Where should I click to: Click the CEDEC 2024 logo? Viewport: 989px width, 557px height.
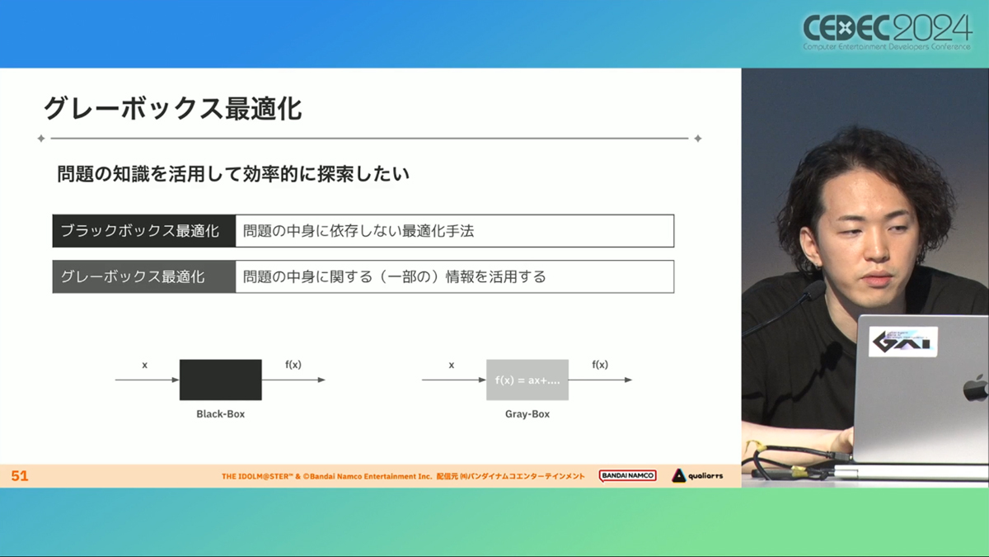coord(888,32)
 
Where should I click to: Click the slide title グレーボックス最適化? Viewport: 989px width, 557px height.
coord(172,108)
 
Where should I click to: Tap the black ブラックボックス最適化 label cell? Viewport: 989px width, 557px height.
coord(144,231)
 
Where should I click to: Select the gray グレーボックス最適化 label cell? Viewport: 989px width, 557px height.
coord(144,276)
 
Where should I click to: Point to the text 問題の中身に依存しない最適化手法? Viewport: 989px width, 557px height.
coord(359,231)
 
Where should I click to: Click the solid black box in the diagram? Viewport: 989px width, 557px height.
coord(220,380)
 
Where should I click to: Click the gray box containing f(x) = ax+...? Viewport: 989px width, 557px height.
coord(527,380)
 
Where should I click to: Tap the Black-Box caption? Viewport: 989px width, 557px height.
coord(220,413)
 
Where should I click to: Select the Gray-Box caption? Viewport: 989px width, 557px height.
coord(527,413)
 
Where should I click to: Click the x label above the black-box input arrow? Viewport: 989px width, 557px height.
coord(144,365)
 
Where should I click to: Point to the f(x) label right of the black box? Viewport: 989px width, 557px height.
coord(293,364)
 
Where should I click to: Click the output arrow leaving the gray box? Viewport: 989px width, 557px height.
coord(601,380)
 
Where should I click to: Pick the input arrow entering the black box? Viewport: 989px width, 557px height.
coord(147,380)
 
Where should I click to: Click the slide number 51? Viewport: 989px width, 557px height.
coord(20,475)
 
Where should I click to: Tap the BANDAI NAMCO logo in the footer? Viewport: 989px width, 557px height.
coord(627,475)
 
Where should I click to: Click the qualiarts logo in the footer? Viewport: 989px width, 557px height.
coord(697,475)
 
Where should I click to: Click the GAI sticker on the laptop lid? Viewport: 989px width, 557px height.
coord(903,342)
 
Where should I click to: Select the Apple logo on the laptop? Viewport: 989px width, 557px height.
coord(977,388)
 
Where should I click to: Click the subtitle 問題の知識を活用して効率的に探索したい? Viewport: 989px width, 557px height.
coord(233,174)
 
